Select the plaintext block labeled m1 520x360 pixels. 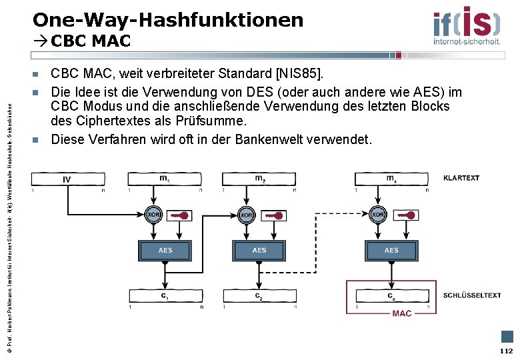(x=165, y=179)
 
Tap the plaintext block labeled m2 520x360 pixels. (x=259, y=179)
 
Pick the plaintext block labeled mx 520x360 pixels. (x=391, y=179)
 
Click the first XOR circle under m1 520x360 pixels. (x=153, y=215)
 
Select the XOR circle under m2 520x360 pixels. (x=247, y=215)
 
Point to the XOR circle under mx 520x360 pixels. (x=378, y=215)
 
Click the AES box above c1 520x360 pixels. (x=165, y=251)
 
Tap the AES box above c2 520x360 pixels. (x=259, y=251)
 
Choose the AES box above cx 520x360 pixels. (x=391, y=251)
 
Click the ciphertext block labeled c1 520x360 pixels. (x=165, y=296)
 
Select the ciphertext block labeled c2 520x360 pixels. (x=259, y=296)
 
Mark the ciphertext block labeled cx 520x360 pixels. (x=391, y=296)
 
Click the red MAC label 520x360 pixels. (x=402, y=313)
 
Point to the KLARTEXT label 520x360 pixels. (x=461, y=178)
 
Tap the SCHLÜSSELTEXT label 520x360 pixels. (x=472, y=295)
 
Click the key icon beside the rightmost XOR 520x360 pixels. (x=406, y=215)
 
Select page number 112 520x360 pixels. (x=506, y=351)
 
